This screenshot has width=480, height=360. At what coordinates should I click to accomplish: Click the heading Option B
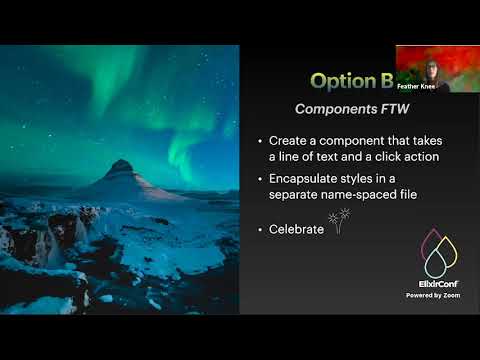pyautogui.click(x=351, y=80)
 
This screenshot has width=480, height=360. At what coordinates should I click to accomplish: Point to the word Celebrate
pyautogui.click(x=296, y=229)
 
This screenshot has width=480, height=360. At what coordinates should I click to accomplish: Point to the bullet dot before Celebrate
pyautogui.click(x=260, y=229)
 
